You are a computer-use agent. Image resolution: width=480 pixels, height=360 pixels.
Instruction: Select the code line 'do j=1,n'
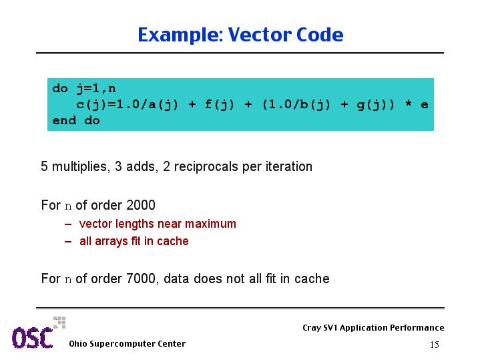pyautogui.click(x=84, y=89)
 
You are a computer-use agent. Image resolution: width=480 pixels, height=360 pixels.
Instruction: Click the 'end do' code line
pyautogui.click(x=76, y=120)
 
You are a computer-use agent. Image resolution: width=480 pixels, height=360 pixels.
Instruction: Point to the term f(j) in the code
pyautogui.click(x=220, y=105)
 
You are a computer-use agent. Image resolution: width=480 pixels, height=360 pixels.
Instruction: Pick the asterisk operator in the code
pyautogui.click(x=408, y=104)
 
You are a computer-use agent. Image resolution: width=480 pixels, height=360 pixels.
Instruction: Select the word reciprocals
pyautogui.click(x=206, y=167)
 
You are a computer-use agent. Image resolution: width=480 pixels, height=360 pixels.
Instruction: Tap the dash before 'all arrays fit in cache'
pyautogui.click(x=68, y=241)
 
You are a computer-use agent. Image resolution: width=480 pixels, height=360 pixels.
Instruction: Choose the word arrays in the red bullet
pyautogui.click(x=111, y=241)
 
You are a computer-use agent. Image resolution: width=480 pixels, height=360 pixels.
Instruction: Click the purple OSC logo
pyautogui.click(x=33, y=338)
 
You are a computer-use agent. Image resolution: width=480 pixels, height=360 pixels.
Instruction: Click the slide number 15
pyautogui.click(x=435, y=345)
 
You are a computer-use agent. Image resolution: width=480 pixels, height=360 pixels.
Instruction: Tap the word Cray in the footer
pyautogui.click(x=312, y=327)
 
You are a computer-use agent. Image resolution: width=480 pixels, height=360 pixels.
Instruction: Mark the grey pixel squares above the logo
pyautogui.click(x=59, y=323)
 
